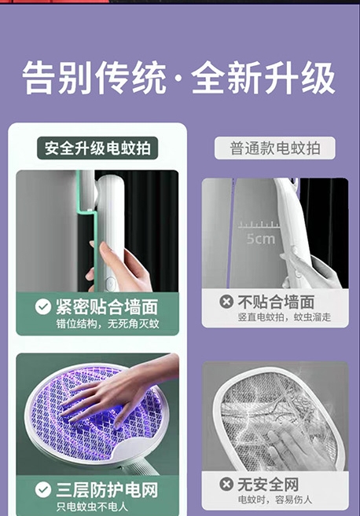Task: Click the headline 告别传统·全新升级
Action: tap(179, 79)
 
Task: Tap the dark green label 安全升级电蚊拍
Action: tap(97, 148)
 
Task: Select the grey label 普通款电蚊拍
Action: tap(275, 148)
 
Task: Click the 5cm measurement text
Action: tap(260, 238)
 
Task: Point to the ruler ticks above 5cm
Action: tap(259, 225)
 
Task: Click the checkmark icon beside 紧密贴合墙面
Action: tap(43, 307)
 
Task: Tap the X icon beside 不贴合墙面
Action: tap(226, 302)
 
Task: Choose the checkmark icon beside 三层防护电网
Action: tap(43, 489)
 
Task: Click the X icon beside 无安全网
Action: tap(226, 484)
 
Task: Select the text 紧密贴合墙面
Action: tap(107, 307)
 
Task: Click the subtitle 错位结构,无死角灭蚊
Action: tap(108, 324)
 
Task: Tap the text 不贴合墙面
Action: tap(276, 302)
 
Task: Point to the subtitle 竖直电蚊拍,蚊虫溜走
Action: tap(285, 317)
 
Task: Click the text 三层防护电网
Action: tap(107, 489)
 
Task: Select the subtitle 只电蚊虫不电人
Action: tap(92, 507)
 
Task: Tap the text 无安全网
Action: tap(269, 484)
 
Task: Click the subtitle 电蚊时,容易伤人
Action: tap(274, 500)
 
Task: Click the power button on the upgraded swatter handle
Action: tap(110, 283)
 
